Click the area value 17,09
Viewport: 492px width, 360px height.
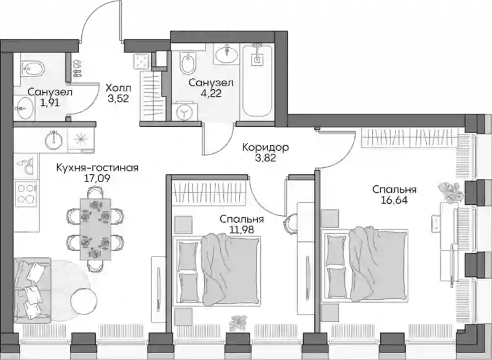(x=97, y=179)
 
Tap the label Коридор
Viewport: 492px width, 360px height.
(x=266, y=147)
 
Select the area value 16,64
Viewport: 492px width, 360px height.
(x=394, y=201)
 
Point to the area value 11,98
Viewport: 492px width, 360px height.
(x=242, y=230)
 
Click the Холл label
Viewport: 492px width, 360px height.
(x=118, y=87)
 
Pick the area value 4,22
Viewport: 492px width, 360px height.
(x=211, y=94)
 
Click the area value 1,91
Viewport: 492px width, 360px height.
(x=50, y=103)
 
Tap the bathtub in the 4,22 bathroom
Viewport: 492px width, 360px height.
(x=257, y=80)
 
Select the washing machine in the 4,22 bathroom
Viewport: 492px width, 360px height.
(x=185, y=111)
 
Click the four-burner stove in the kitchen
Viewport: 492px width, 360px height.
(x=26, y=193)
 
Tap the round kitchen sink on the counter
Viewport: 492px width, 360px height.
(x=54, y=138)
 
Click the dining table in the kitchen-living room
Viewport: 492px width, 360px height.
(x=95, y=229)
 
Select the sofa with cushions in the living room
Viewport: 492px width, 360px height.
(x=32, y=290)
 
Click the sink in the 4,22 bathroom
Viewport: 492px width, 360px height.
(x=226, y=54)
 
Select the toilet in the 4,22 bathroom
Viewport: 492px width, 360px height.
(x=188, y=63)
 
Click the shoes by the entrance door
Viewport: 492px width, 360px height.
(x=77, y=69)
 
